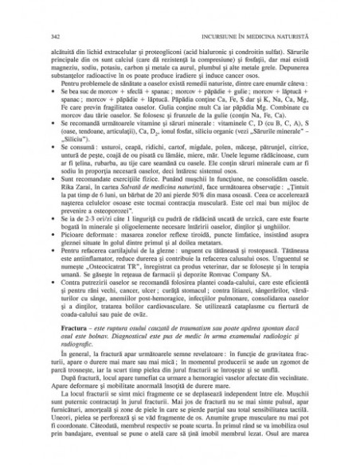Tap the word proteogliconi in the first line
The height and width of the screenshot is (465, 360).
(x=178, y=51)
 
